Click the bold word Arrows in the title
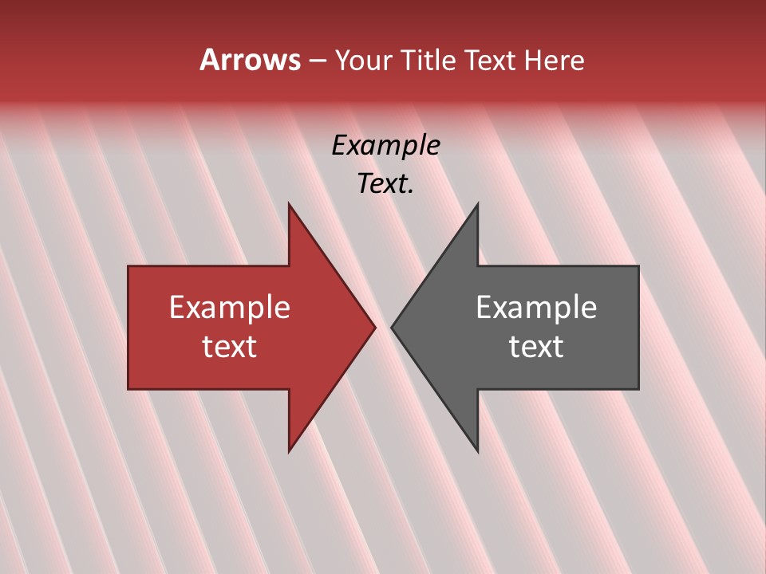[x=250, y=60]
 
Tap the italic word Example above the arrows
[x=385, y=145]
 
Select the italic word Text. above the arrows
[x=385, y=183]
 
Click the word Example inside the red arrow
[x=230, y=308]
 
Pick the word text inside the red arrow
[x=230, y=346]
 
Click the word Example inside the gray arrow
[x=536, y=308]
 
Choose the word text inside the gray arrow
[x=536, y=346]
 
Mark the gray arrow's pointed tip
[x=392, y=327]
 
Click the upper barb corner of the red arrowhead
[x=289, y=204]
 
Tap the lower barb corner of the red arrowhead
[x=289, y=451]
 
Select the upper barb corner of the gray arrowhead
[x=477, y=204]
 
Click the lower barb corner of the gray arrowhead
[x=477, y=451]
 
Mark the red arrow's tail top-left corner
[x=128, y=266]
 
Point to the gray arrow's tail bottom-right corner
[x=638, y=389]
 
